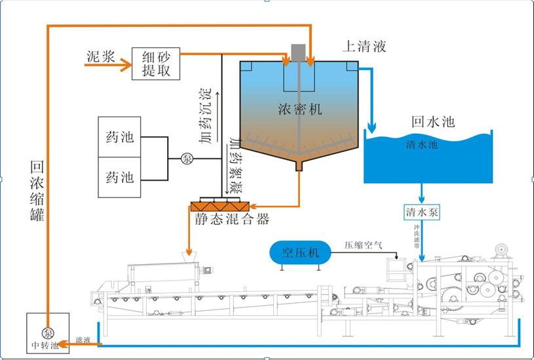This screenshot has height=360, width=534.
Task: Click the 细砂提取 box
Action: coord(156,64)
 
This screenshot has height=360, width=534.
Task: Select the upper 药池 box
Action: coord(120,137)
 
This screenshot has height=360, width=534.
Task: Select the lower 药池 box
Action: coord(120,177)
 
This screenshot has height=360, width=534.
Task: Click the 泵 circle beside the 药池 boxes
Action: coord(187,158)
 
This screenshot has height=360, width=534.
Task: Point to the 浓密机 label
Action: coord(300,110)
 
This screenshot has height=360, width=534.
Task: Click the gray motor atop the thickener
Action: coord(299,52)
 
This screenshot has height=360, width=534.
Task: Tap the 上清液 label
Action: coord(364,47)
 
